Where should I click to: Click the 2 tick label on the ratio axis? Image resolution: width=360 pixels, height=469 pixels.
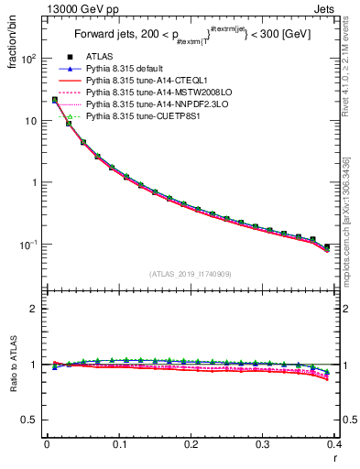click(x=36, y=309)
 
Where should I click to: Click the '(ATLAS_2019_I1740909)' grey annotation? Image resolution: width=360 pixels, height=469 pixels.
click(x=191, y=274)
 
